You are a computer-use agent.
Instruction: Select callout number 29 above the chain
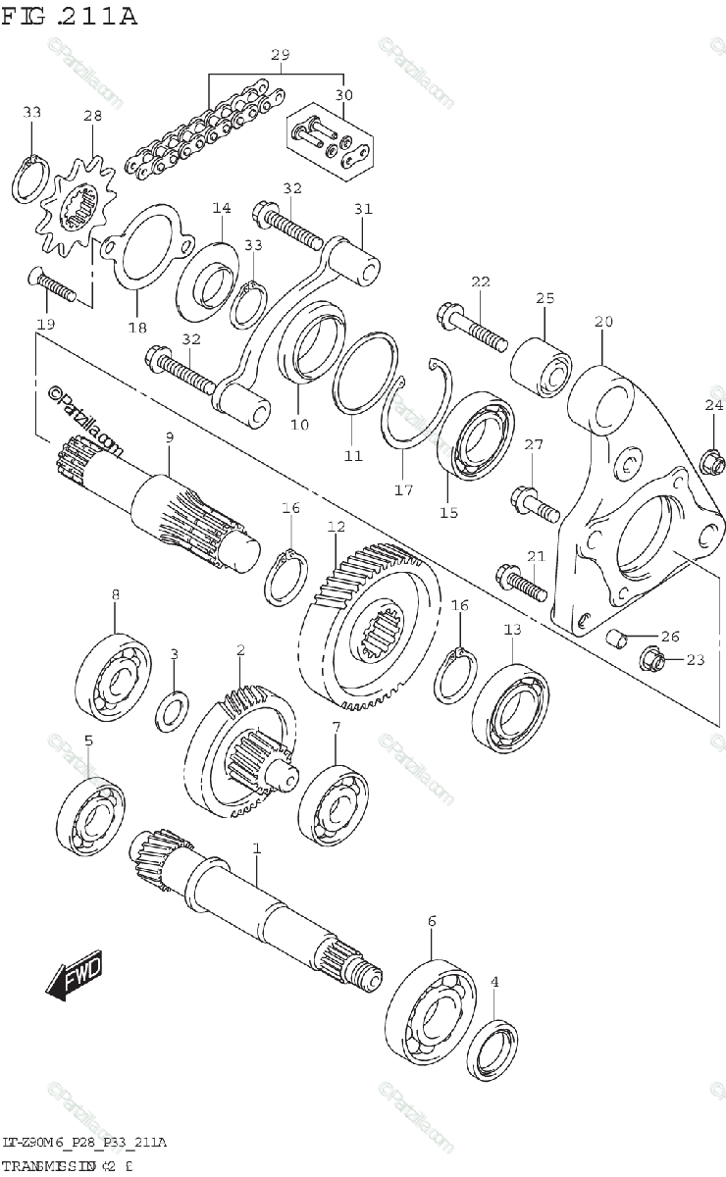click(x=280, y=56)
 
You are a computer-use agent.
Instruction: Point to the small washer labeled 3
click(x=173, y=710)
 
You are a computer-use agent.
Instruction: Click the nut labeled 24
click(x=710, y=457)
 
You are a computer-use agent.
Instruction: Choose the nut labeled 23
click(x=652, y=659)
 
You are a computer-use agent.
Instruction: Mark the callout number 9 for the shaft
click(x=169, y=435)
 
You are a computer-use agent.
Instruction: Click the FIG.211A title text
click(x=69, y=17)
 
